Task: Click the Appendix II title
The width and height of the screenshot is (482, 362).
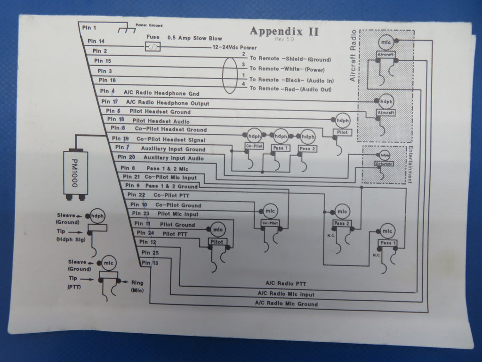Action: (x=284, y=32)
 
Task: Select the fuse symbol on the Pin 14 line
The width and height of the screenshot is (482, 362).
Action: (x=153, y=47)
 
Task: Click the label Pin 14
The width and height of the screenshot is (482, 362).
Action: (x=96, y=41)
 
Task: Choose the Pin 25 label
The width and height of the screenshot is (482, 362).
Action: (x=149, y=253)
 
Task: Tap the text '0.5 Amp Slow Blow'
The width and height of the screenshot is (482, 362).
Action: (x=194, y=38)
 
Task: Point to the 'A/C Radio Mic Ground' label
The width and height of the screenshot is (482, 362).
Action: (x=287, y=304)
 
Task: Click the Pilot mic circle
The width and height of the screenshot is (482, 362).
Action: (x=217, y=229)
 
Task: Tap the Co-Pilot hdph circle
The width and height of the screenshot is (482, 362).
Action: (x=254, y=136)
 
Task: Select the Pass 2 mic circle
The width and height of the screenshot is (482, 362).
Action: (x=342, y=211)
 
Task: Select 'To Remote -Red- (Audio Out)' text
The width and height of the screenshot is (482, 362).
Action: (x=290, y=89)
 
